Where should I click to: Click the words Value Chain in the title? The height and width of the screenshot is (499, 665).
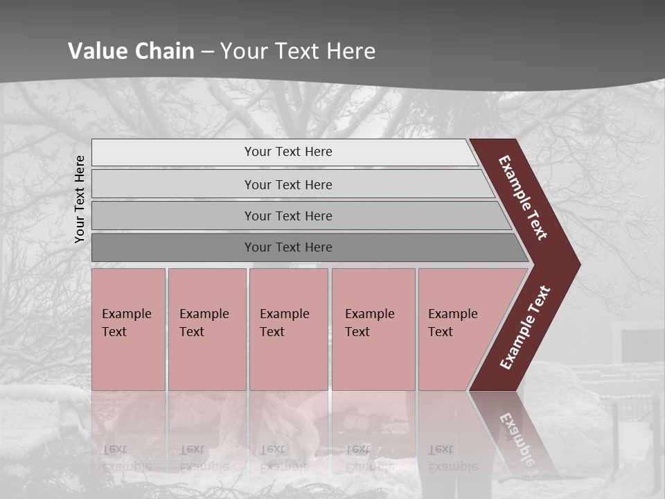[x=131, y=51]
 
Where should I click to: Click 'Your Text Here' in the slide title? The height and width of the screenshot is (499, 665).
[x=298, y=51]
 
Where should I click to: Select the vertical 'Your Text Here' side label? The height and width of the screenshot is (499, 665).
[x=80, y=199]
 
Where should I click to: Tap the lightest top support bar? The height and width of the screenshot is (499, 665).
[x=287, y=152]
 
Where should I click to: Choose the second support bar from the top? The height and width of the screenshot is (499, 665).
[x=287, y=184]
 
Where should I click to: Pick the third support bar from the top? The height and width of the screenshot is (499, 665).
[x=287, y=216]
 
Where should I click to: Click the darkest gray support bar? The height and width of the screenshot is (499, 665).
[x=287, y=247]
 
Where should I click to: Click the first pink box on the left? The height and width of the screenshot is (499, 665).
[x=128, y=329]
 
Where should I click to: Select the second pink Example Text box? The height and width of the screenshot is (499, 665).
[x=206, y=329]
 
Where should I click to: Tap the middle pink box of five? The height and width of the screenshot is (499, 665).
[x=288, y=329]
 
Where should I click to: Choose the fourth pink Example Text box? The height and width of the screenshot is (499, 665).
[x=373, y=329]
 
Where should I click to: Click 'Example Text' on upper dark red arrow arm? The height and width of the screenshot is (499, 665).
[x=523, y=198]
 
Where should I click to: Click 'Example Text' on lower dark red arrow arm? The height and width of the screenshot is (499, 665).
[x=525, y=327]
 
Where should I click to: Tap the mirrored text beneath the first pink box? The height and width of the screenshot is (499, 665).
[x=126, y=458]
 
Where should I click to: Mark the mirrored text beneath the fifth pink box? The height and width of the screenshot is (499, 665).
[x=452, y=458]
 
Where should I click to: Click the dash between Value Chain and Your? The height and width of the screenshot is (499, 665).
[x=207, y=52]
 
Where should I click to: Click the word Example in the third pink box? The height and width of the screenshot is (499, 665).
[x=284, y=314]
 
